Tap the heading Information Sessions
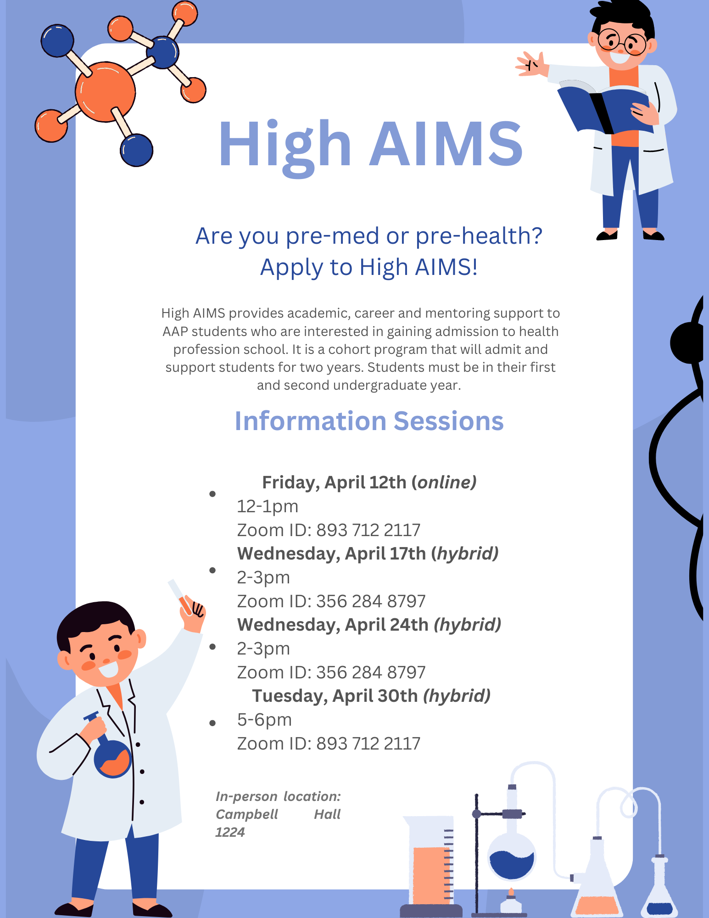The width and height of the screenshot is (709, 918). pyautogui.click(x=369, y=421)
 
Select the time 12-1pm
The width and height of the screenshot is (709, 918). pyautogui.click(x=268, y=506)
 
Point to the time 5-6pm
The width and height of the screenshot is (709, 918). pyautogui.click(x=264, y=720)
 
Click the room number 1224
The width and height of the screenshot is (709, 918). pyautogui.click(x=230, y=832)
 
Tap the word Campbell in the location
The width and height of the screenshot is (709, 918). pyautogui.click(x=247, y=814)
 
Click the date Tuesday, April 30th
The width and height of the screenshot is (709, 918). pyautogui.click(x=335, y=696)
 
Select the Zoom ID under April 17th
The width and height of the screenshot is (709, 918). pyautogui.click(x=331, y=601)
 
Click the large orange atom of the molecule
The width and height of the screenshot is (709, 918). pyautogui.click(x=105, y=92)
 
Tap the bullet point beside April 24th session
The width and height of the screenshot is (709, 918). pyautogui.click(x=212, y=647)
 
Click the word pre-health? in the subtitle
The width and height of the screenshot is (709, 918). pyautogui.click(x=479, y=236)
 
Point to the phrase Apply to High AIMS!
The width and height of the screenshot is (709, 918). pyautogui.click(x=369, y=267)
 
